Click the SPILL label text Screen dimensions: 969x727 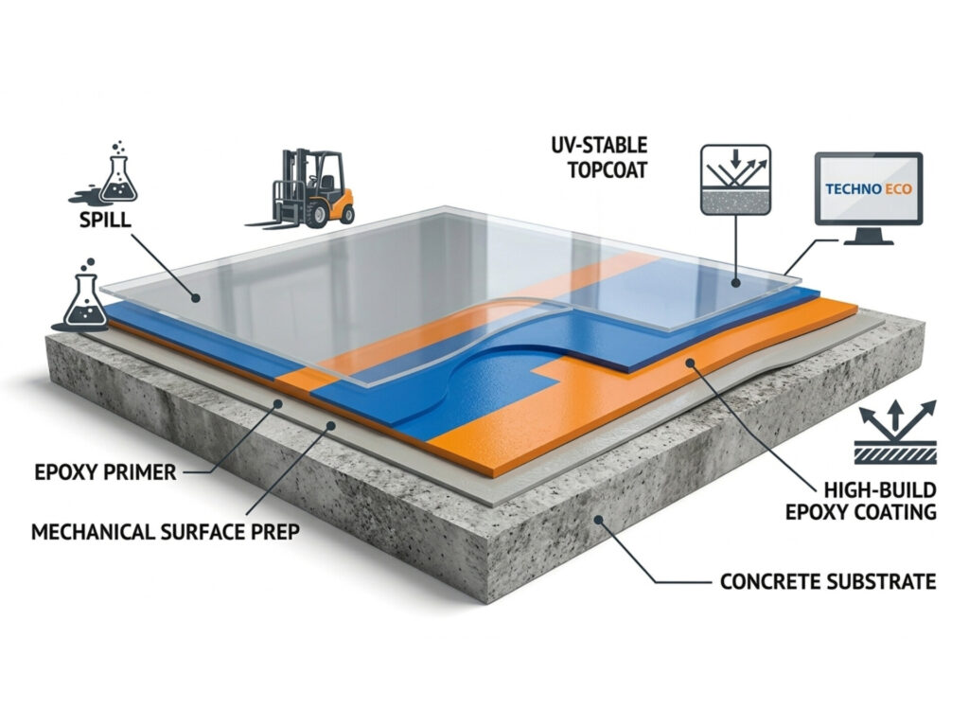point(105,220)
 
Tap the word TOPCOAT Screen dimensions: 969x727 point(608,170)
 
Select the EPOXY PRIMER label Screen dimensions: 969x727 point(105,473)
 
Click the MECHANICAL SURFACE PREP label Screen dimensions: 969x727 point(166,532)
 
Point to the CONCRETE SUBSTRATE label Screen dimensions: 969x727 point(828,582)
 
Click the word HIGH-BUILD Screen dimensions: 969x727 point(880,490)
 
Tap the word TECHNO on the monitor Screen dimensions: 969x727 point(853,189)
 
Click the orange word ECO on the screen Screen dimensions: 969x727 point(898,189)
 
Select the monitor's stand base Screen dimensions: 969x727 point(869,241)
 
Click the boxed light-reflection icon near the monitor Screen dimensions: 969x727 point(735,180)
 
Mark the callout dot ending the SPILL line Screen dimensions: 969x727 point(196,298)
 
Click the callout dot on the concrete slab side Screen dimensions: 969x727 point(598,520)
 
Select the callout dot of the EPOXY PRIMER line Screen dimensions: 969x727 point(278,403)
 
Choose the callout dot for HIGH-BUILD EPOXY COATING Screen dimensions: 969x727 point(689,363)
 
